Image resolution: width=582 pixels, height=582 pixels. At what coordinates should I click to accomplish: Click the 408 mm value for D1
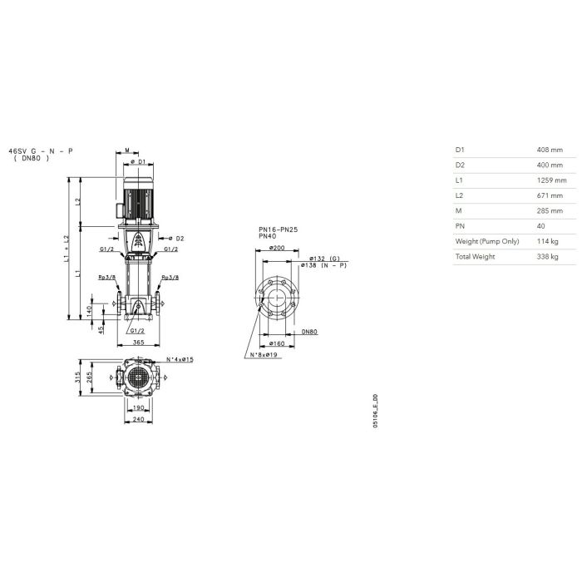coord(550,150)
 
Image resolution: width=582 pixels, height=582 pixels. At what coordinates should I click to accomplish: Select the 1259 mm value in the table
coord(551,180)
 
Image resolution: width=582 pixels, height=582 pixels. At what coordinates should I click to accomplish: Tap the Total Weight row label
coord(475,256)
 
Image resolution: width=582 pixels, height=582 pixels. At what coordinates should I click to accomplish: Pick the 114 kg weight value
coord(547,241)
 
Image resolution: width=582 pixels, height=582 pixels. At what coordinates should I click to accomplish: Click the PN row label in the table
coord(460,226)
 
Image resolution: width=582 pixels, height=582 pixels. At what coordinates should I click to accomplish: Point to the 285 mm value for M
coord(550,211)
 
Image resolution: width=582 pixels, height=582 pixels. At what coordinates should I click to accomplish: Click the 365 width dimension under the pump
coord(138,343)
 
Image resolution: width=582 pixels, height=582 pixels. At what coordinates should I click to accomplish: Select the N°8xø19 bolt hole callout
coord(264,355)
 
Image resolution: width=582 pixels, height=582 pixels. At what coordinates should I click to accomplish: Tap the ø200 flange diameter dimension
coord(277,248)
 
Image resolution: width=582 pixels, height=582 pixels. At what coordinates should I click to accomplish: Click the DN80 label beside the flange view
coord(309,332)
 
